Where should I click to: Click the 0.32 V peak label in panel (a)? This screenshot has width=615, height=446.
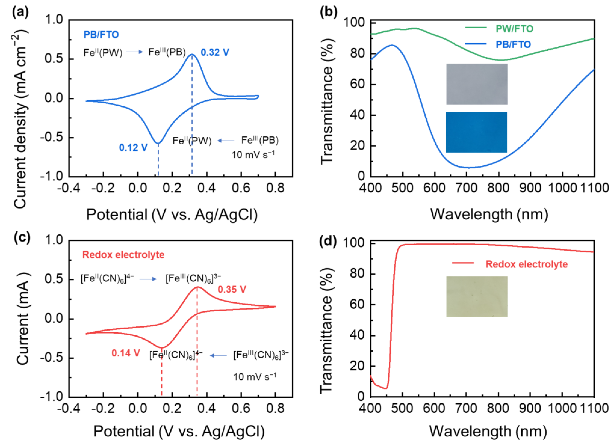click(x=215, y=52)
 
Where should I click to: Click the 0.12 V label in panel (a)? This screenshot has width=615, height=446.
click(x=133, y=148)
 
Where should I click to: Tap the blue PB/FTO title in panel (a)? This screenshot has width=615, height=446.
click(x=101, y=35)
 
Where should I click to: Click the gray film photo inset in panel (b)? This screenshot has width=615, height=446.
click(x=477, y=84)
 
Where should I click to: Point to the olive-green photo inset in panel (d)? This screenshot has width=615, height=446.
click(x=477, y=296)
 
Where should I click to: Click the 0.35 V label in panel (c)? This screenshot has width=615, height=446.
click(x=232, y=289)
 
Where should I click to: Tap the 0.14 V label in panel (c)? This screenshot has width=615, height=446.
click(x=125, y=353)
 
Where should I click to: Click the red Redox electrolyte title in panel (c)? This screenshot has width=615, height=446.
click(x=123, y=255)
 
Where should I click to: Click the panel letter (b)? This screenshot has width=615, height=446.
click(x=328, y=12)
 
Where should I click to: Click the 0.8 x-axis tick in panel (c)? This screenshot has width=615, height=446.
click(x=275, y=408)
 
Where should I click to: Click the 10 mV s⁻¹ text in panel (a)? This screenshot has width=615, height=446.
click(x=253, y=155)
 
